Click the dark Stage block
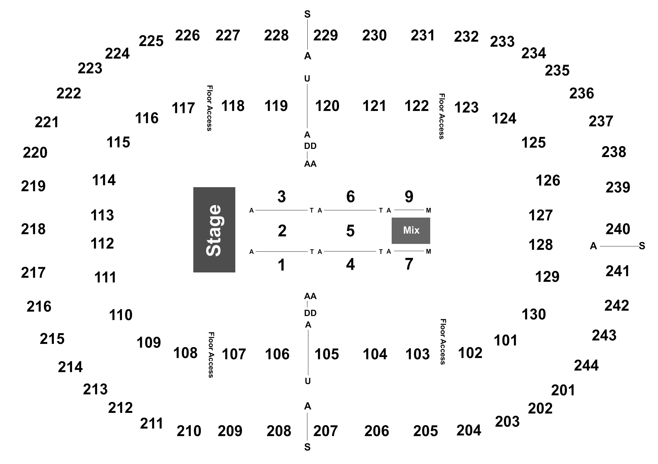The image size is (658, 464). [x=214, y=230]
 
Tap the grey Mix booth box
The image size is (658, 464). [x=411, y=230]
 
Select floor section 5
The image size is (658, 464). [x=350, y=231]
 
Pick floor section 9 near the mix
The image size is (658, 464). [x=409, y=197]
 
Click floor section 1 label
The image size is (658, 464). [x=282, y=265]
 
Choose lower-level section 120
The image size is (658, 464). [x=327, y=106]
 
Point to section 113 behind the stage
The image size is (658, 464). [x=102, y=215]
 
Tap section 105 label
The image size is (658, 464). [x=327, y=354]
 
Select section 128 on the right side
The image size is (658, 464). [x=540, y=245]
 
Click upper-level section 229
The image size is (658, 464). [x=326, y=35]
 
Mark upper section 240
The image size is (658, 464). [x=618, y=229]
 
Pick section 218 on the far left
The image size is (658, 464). [x=33, y=229]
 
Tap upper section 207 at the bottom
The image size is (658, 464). [x=326, y=431]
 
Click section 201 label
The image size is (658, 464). [x=563, y=390]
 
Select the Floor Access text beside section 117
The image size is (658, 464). [x=210, y=108]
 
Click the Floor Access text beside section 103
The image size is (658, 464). [x=443, y=342]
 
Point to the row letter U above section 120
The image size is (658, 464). [x=307, y=79]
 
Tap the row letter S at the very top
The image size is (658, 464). [x=307, y=14]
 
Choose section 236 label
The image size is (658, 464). [x=582, y=93]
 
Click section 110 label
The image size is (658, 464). [x=121, y=315]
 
